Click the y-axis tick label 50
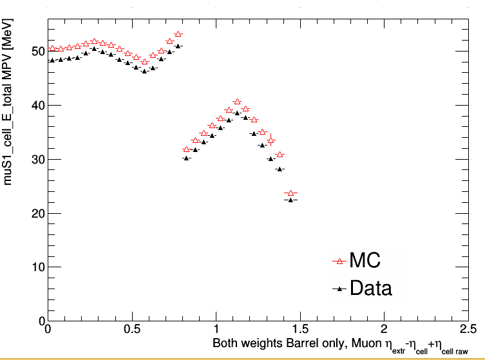coord(38,51)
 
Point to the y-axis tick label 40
coord(38,105)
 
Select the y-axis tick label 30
coord(38,159)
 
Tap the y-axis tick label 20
coord(38,213)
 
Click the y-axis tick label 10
coord(38,267)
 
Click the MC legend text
coord(365,261)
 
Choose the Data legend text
coord(370,288)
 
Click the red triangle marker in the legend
coord(339,261)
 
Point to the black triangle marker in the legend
coord(339,289)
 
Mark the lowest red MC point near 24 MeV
coord(291,193)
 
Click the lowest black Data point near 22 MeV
coord(291,200)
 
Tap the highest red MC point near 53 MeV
coord(178,33)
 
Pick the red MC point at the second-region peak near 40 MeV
coord(237,102)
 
